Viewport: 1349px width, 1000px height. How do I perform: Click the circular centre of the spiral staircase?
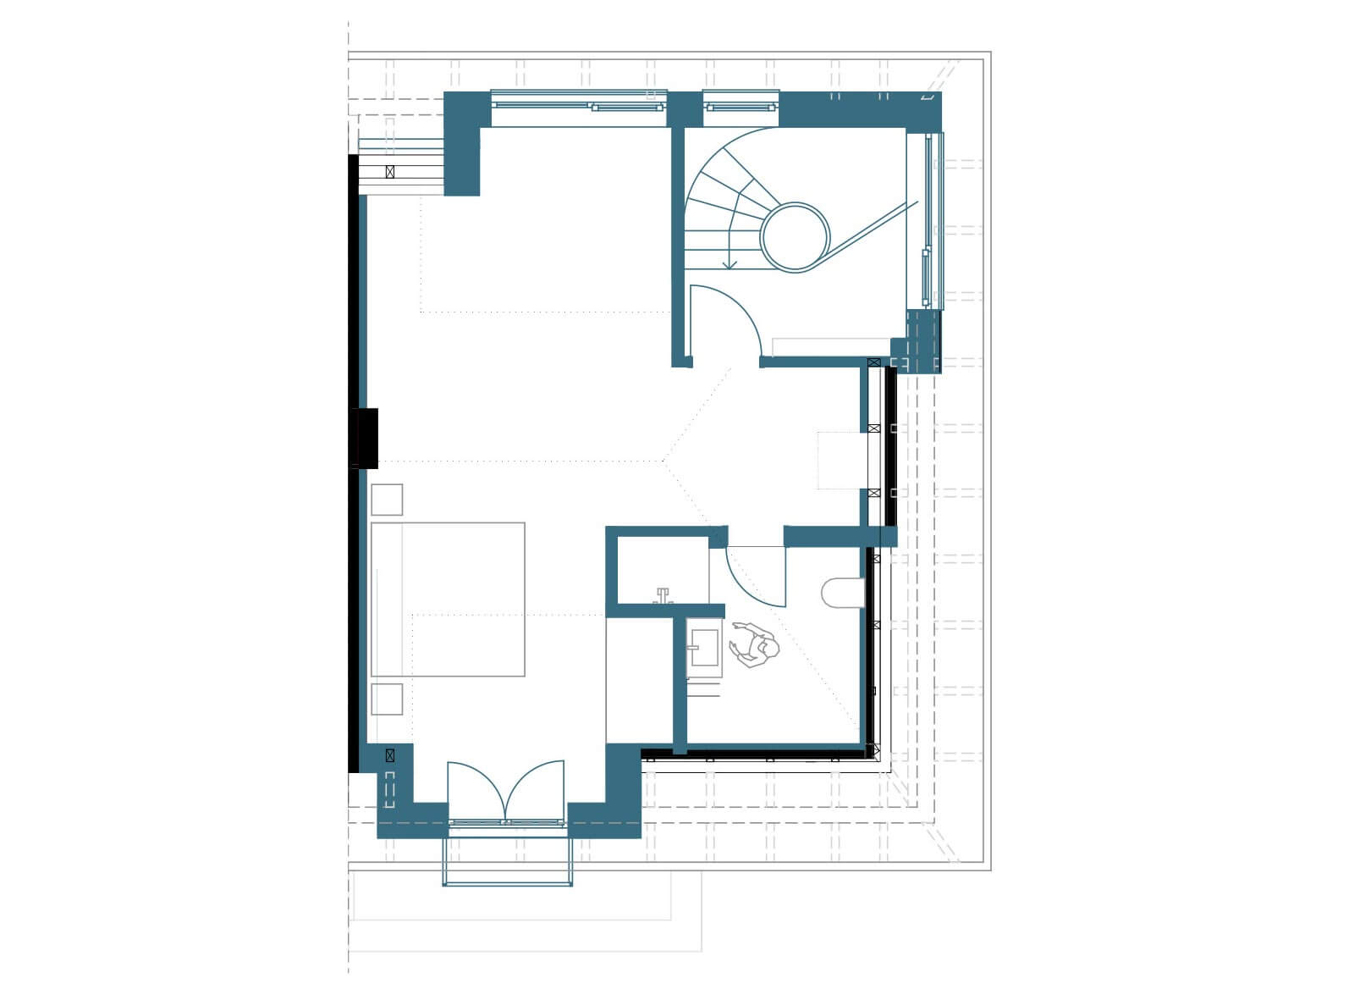pyautogui.click(x=795, y=236)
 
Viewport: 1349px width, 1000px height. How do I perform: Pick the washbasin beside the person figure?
pyautogui.click(x=702, y=648)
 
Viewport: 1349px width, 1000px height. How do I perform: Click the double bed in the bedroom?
pyautogui.click(x=448, y=599)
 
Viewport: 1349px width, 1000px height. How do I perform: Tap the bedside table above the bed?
pyautogui.click(x=387, y=499)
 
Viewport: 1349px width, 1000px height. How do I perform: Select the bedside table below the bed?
pyautogui.click(x=387, y=699)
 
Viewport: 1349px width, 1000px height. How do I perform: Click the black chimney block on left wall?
pyautogui.click(x=365, y=437)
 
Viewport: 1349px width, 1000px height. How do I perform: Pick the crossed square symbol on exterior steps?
pyautogui.click(x=389, y=172)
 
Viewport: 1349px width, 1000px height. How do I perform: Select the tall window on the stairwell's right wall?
pyautogui.click(x=930, y=220)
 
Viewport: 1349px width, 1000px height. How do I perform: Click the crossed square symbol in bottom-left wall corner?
pyautogui.click(x=390, y=754)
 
